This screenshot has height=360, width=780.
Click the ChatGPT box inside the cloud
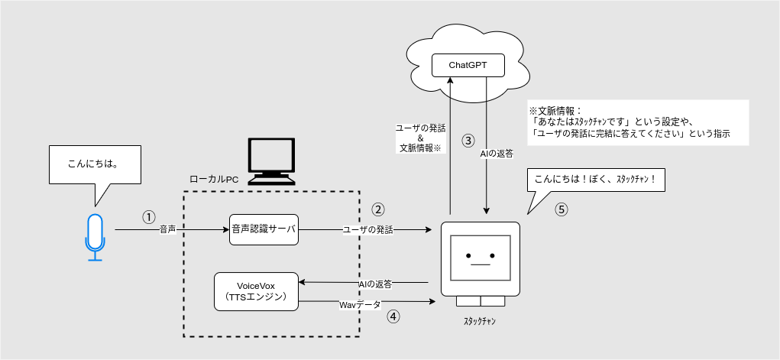(468, 65)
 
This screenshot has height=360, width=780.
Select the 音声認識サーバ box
(264, 229)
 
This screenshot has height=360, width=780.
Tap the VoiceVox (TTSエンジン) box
(256, 291)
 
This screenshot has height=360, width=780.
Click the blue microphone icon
(94, 237)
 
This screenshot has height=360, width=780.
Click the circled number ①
(149, 216)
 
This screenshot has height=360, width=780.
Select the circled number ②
(377, 209)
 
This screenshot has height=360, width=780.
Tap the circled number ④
(393, 315)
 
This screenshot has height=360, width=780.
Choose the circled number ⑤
(562, 209)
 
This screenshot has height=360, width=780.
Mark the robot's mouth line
(480, 264)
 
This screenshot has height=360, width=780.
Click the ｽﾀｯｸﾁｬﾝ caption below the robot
(480, 321)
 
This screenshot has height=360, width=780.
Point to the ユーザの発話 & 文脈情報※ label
(420, 138)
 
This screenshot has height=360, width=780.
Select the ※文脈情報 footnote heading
(555, 111)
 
